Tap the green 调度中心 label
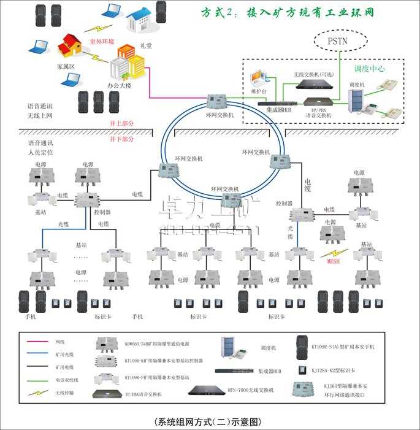pos(370,69)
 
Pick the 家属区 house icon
pos(71,45)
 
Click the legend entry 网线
pos(60,342)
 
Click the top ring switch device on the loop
pos(218,101)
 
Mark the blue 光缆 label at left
pos(63,224)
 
